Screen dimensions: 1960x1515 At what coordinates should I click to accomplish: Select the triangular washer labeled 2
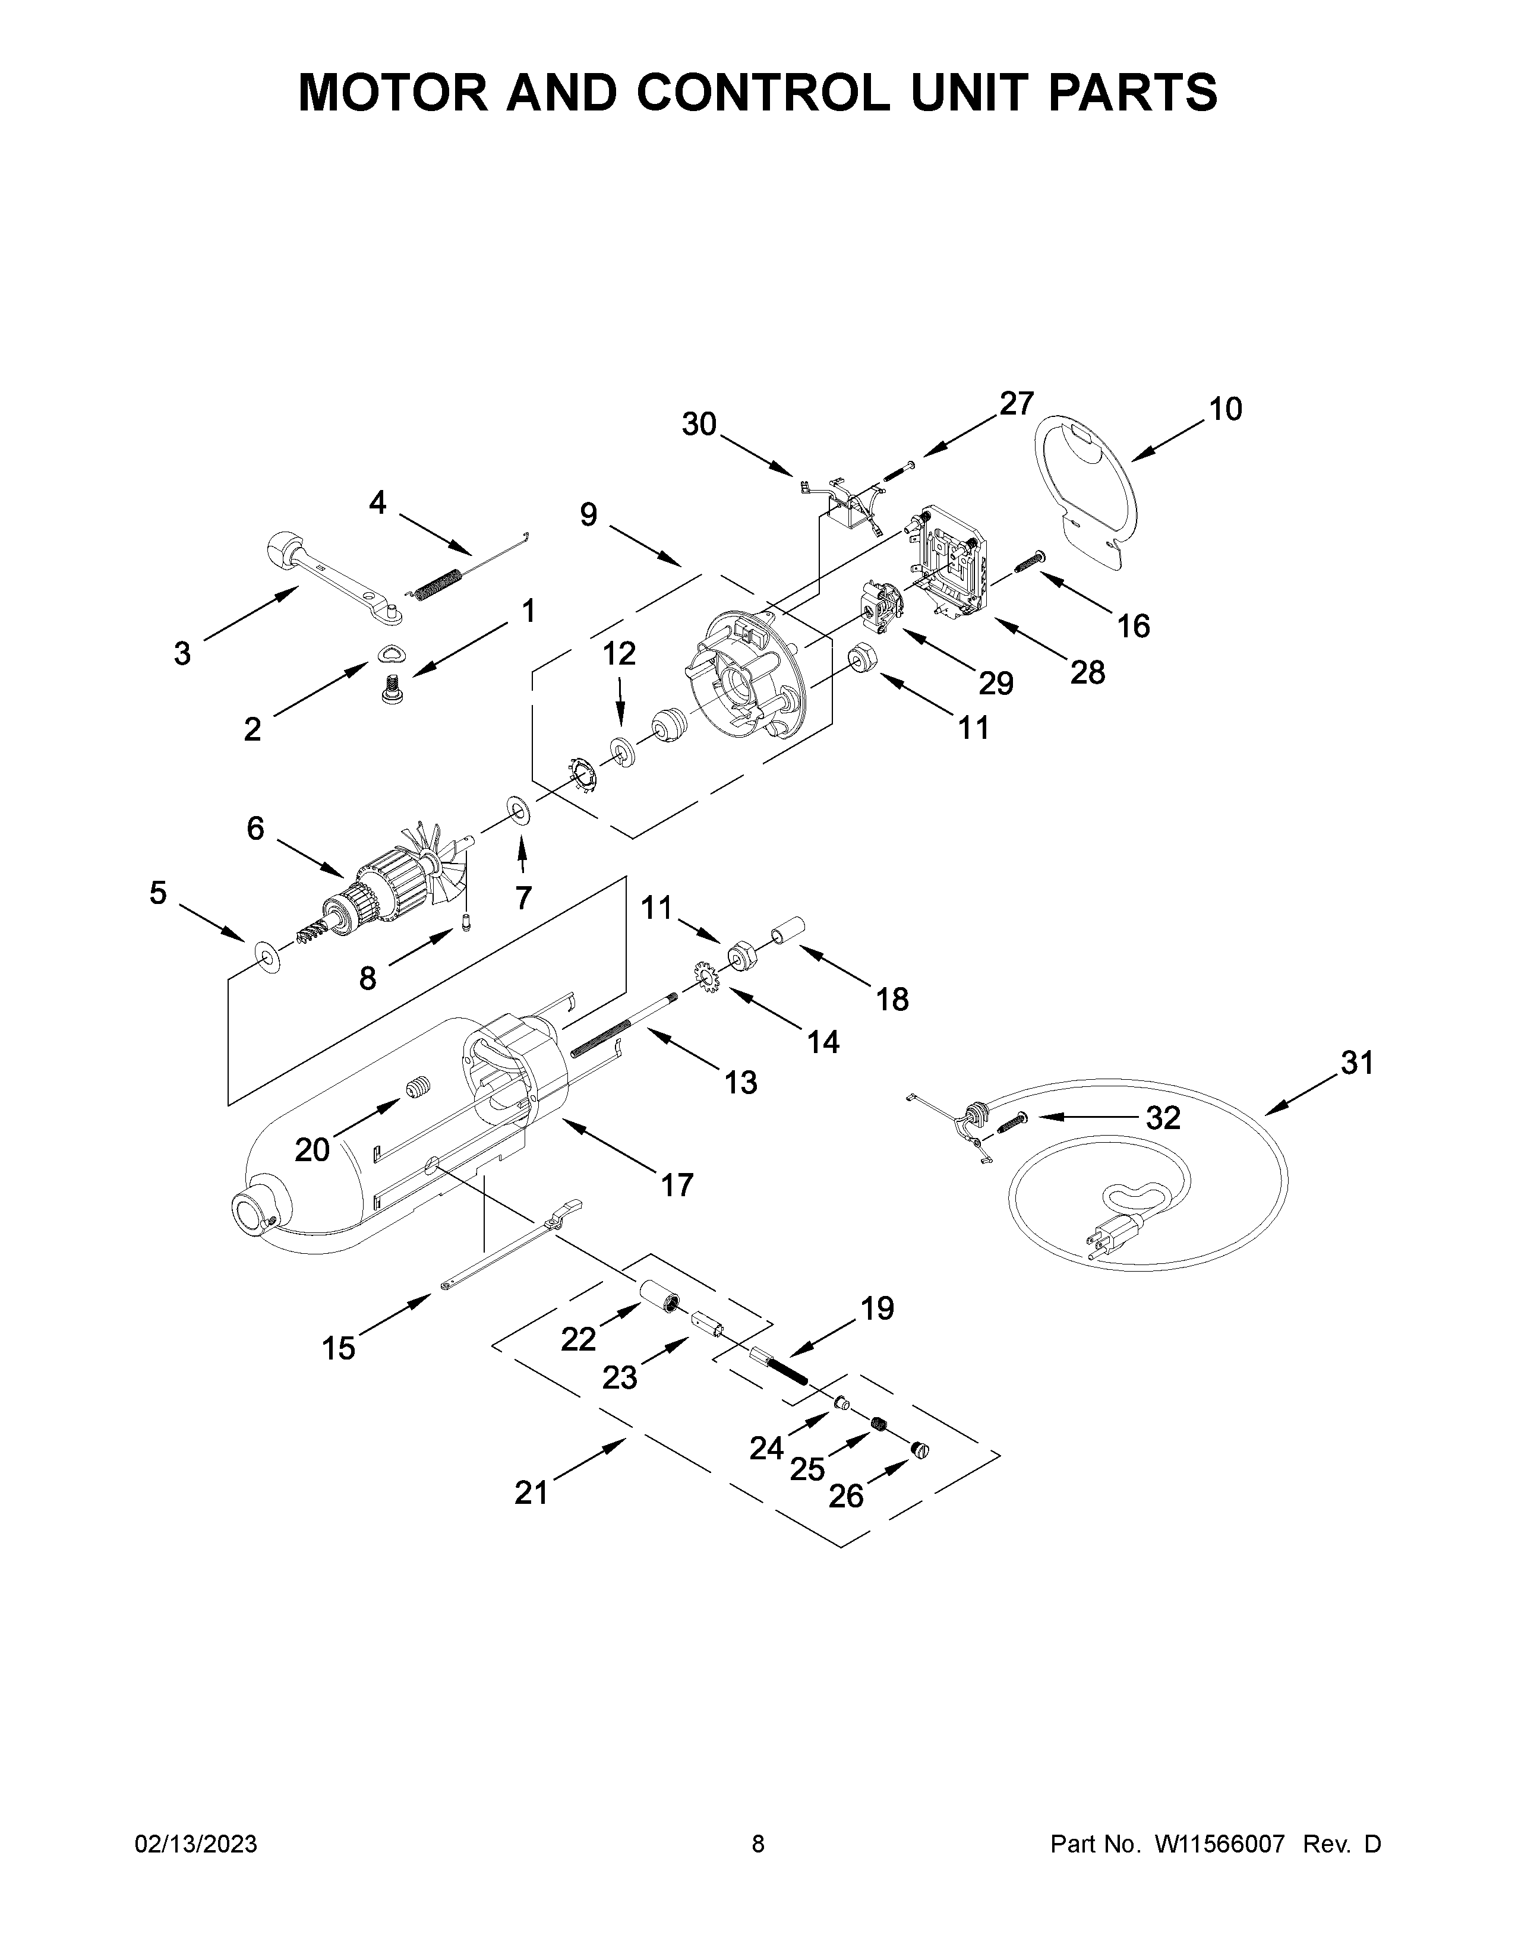(x=392, y=655)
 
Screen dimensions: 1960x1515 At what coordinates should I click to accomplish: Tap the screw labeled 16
(x=1028, y=564)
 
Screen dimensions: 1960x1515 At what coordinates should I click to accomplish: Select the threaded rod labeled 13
(x=619, y=1025)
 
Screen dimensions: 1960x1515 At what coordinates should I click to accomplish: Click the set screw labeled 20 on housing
(x=415, y=1091)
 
